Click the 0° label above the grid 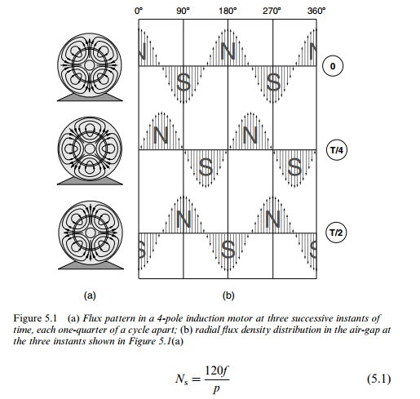(x=139, y=11)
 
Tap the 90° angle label (x=183, y=11)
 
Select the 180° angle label (x=228, y=11)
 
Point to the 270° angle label (x=272, y=11)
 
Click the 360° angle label (x=316, y=11)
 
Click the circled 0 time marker (x=333, y=66)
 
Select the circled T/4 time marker (x=337, y=150)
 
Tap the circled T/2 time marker (x=336, y=233)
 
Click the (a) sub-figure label (x=90, y=295)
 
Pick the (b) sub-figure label (x=228, y=295)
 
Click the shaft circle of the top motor (x=90, y=65)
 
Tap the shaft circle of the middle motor (x=90, y=149)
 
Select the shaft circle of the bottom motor (x=91, y=233)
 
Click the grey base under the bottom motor (x=91, y=265)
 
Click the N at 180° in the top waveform (x=228, y=51)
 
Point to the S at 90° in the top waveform (x=183, y=82)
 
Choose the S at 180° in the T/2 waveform (x=228, y=249)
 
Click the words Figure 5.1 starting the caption (x=35, y=318)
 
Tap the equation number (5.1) (x=379, y=379)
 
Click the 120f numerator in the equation (x=217, y=370)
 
